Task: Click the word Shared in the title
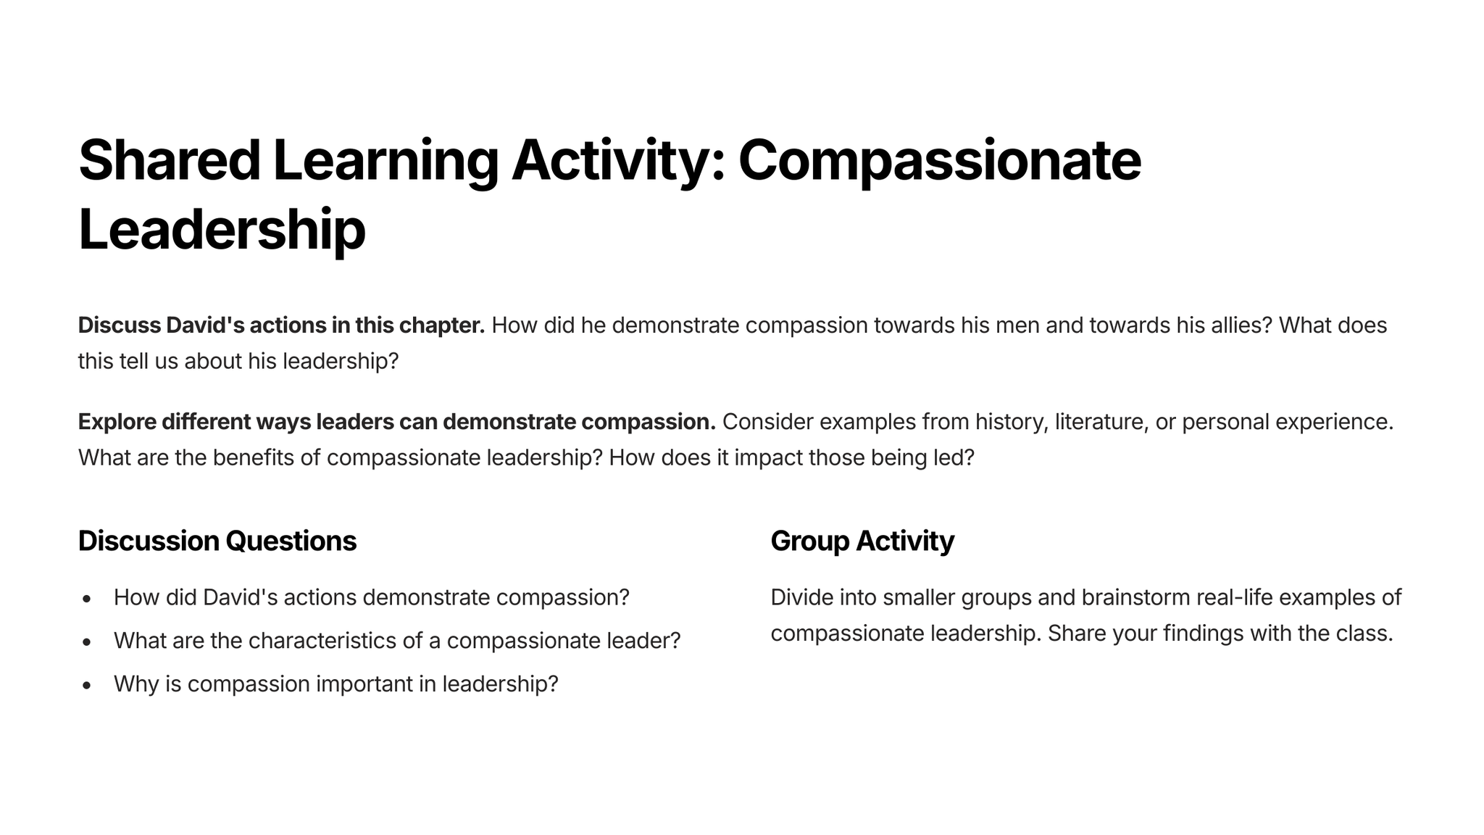point(170,160)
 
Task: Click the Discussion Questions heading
point(217,541)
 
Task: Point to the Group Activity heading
point(862,541)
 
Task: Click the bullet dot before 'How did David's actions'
point(87,599)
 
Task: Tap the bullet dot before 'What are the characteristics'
point(87,642)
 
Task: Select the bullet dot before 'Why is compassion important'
point(87,685)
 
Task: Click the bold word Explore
point(117,422)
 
